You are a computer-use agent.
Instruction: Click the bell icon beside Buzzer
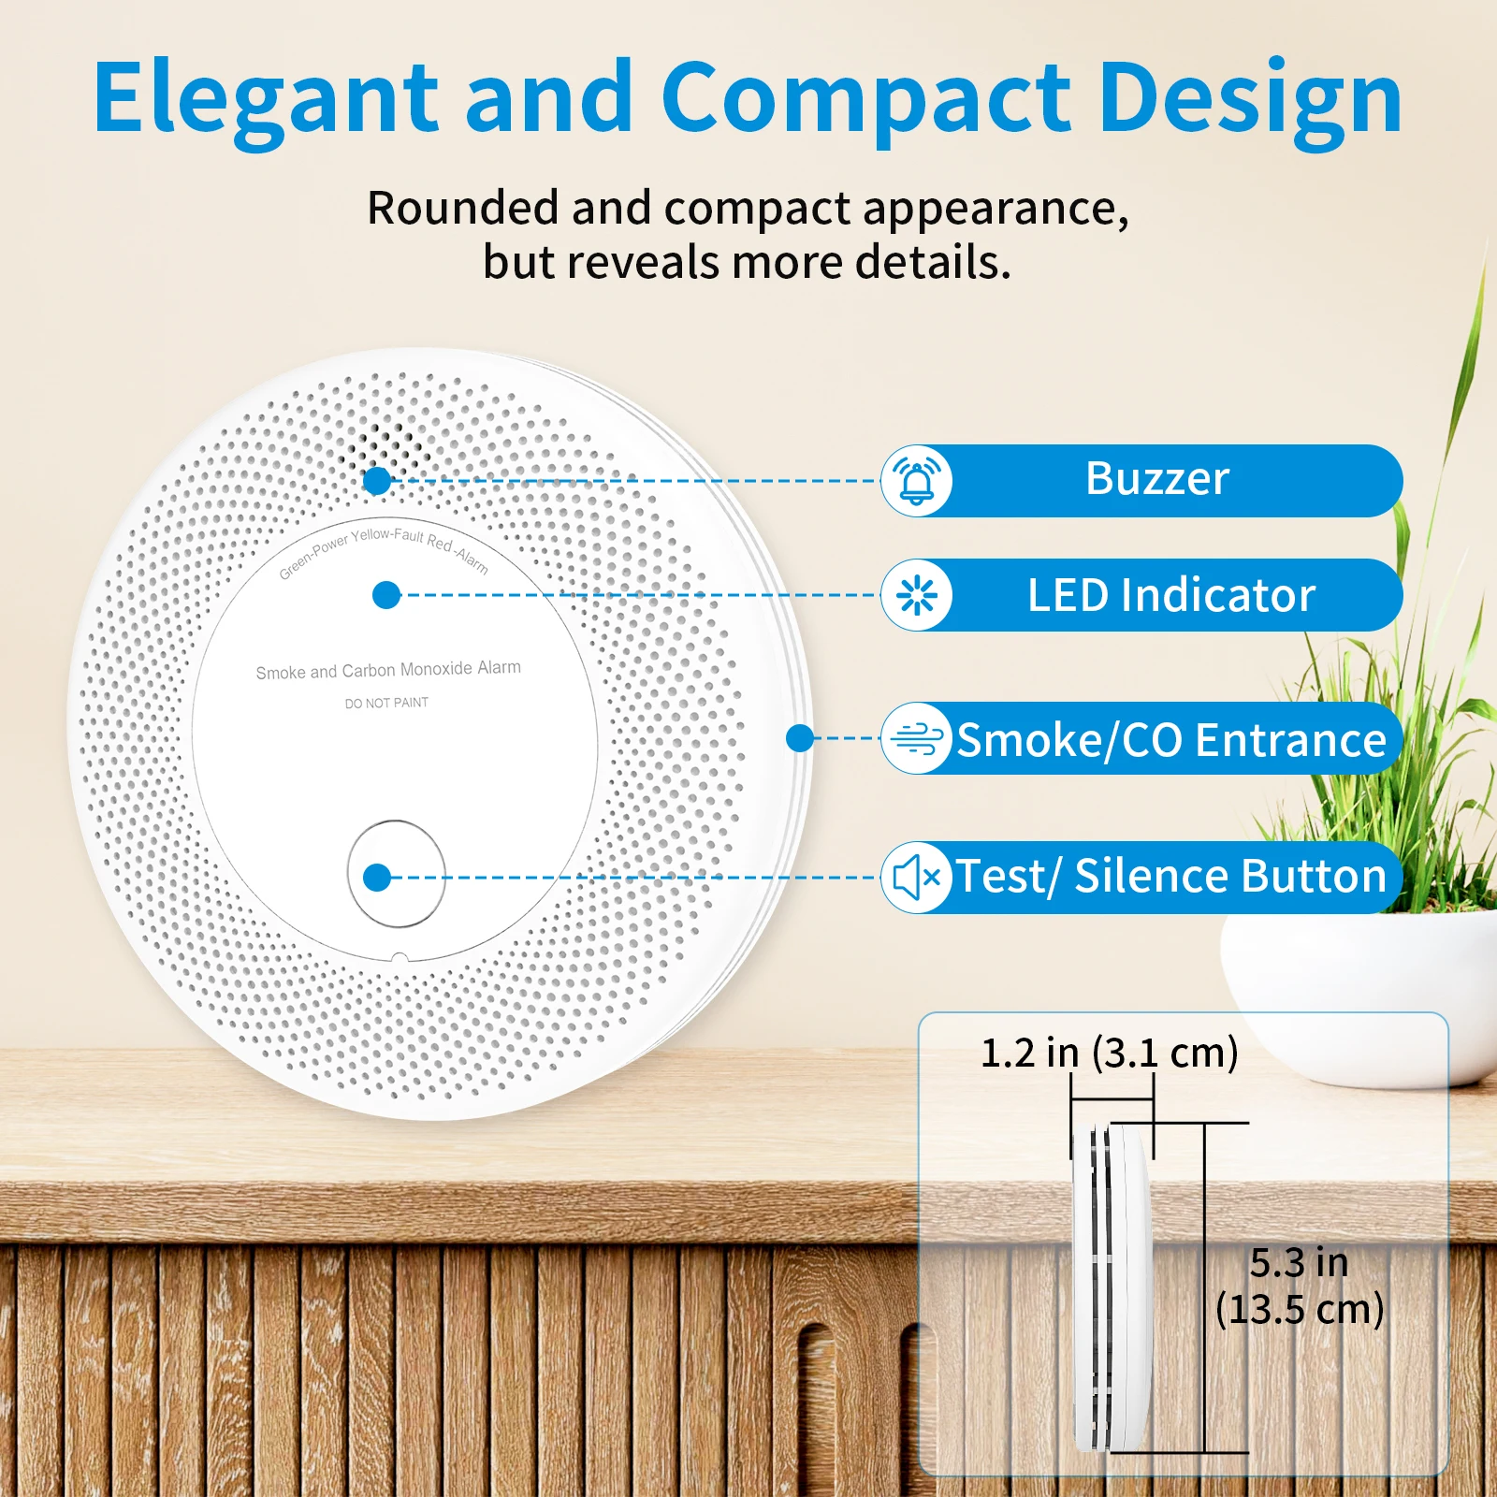[917, 481]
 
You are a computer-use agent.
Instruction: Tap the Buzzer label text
[1157, 479]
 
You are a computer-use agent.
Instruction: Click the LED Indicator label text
[1171, 595]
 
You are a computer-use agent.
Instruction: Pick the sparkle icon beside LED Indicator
[917, 595]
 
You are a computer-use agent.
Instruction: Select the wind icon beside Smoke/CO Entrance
[917, 738]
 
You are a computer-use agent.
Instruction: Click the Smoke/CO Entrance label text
[1171, 740]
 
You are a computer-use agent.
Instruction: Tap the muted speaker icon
[917, 878]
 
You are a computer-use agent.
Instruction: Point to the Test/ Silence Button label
[1170, 877]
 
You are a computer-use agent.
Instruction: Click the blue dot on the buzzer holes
[377, 481]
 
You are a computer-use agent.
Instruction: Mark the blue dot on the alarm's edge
[800, 738]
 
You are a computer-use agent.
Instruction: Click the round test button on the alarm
[396, 874]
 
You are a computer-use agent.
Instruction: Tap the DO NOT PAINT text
[386, 703]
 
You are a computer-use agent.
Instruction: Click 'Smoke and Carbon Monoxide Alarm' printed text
[388, 670]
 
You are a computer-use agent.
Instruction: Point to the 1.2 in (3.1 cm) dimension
[1110, 1053]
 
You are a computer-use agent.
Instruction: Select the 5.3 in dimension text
[1299, 1263]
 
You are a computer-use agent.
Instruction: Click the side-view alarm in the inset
[1112, 1287]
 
